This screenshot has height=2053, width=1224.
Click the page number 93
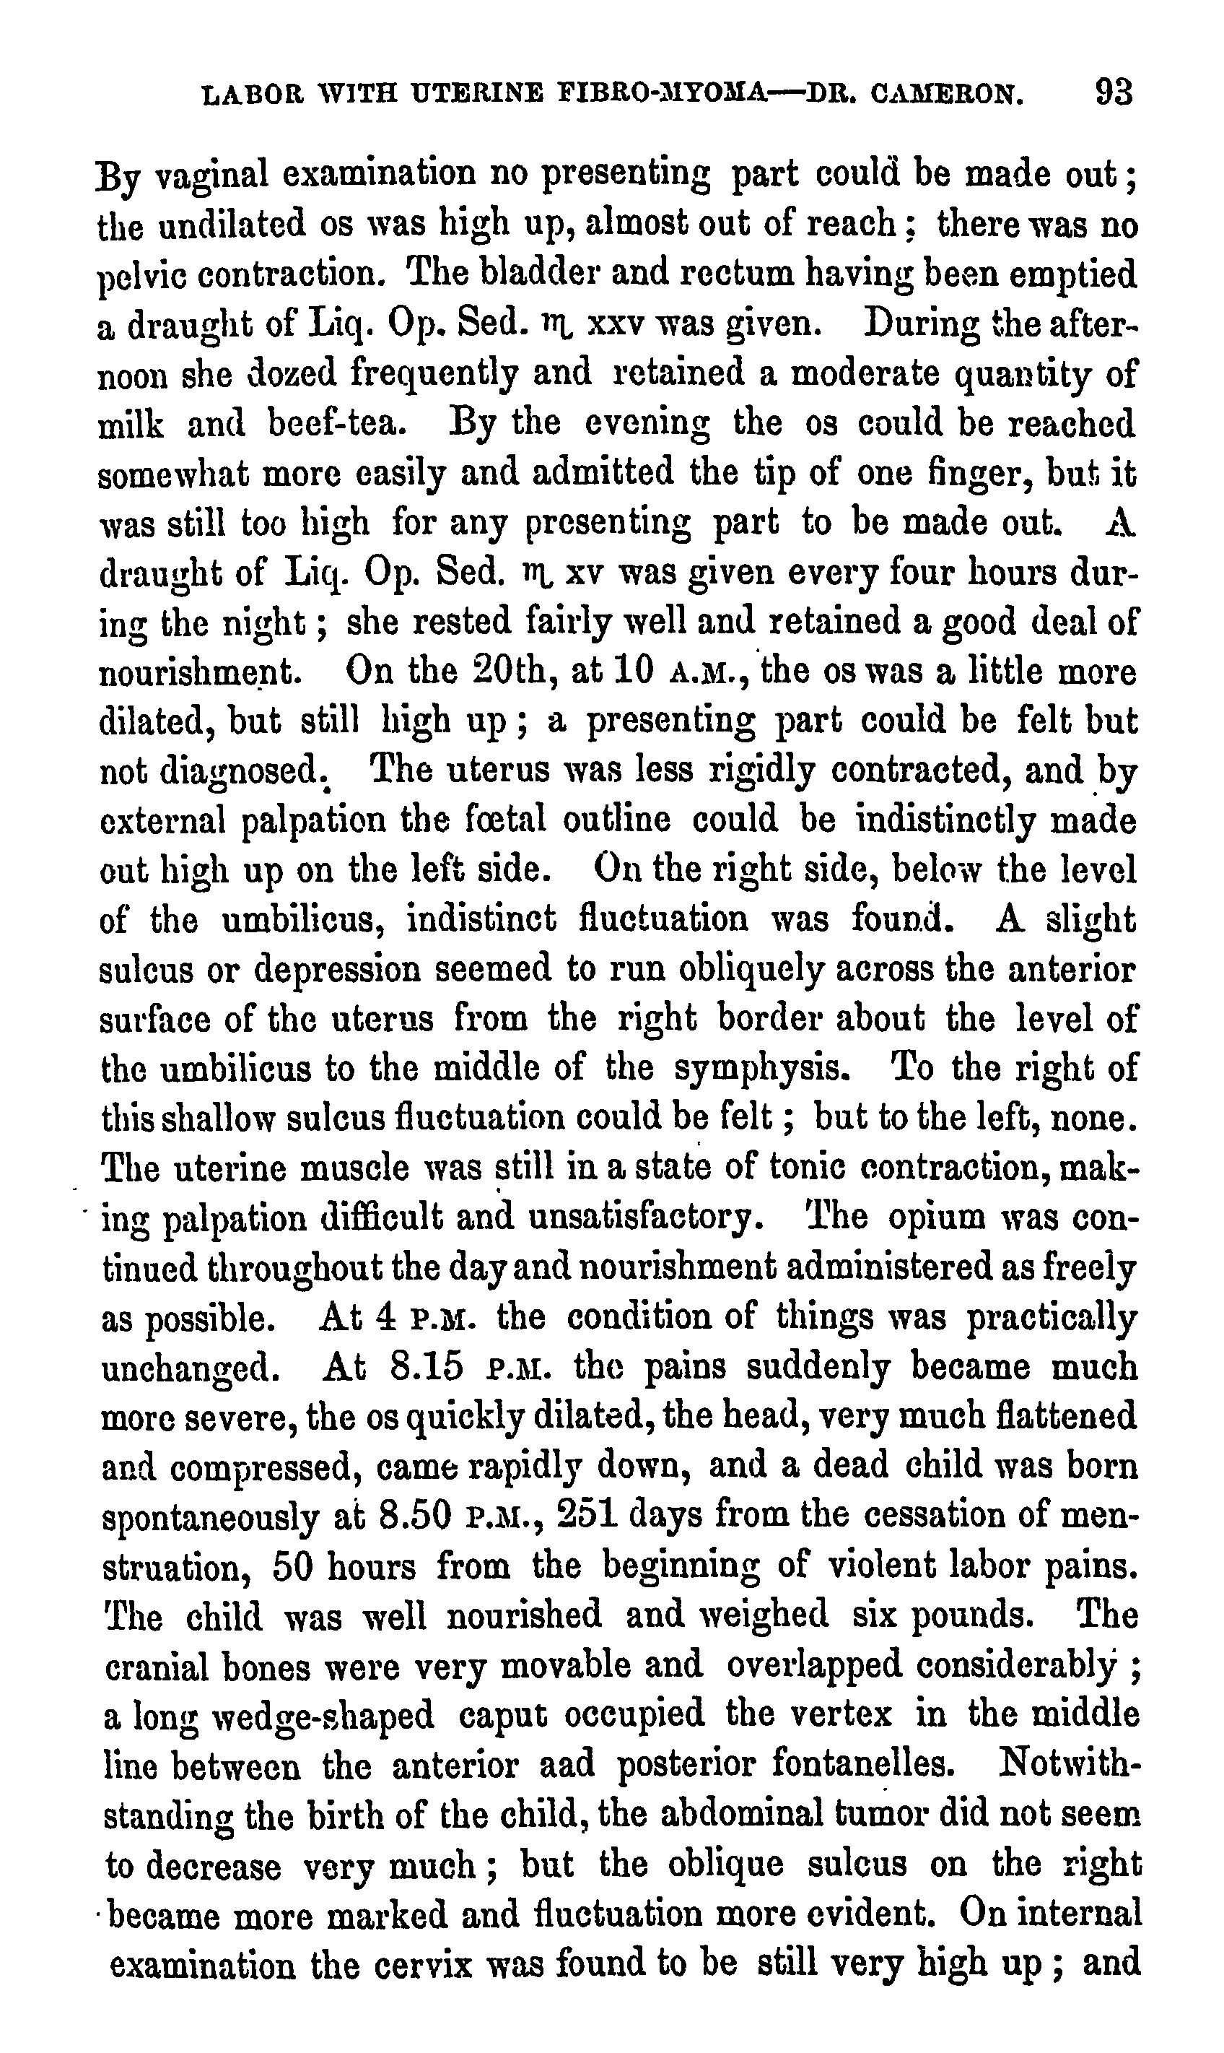pos(1113,92)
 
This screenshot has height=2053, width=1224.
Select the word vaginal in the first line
pos(213,175)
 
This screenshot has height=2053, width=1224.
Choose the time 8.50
pos(416,1516)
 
